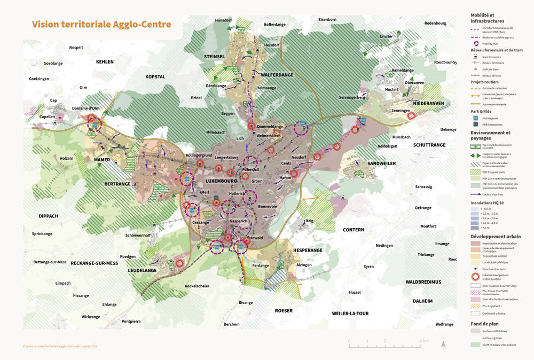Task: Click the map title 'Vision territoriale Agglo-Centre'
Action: tap(101, 25)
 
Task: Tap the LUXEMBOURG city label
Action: tap(221, 181)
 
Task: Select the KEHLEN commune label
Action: tap(105, 62)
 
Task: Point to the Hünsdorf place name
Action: tap(223, 20)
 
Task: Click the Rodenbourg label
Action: tap(435, 24)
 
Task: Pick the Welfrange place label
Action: tap(444, 324)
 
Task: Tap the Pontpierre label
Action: tap(131, 322)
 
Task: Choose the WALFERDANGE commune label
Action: tap(277, 75)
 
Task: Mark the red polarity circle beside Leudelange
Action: tap(180, 263)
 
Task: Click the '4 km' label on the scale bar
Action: tap(424, 341)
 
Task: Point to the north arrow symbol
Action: tap(443, 343)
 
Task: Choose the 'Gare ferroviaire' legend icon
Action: tap(475, 57)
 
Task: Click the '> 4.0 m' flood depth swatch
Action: tap(475, 228)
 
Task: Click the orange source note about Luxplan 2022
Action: tap(60, 346)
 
